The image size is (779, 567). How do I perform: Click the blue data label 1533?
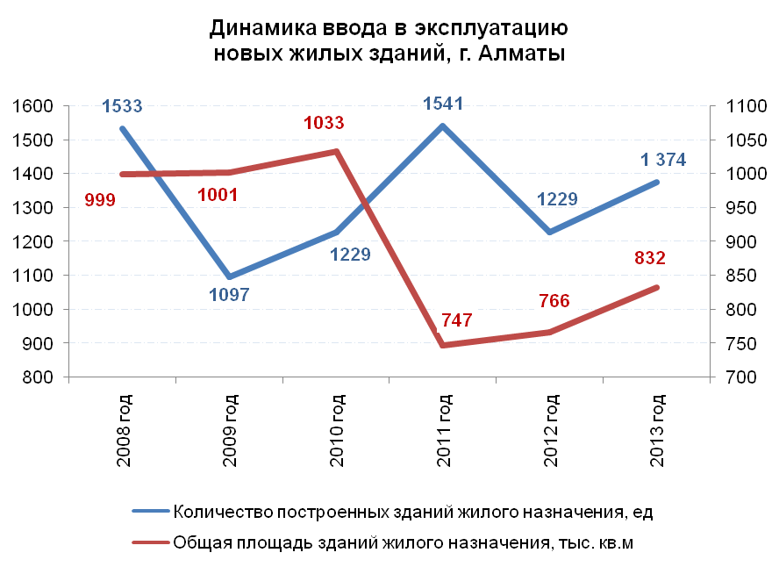pyautogui.click(x=122, y=107)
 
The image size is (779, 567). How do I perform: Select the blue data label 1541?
pyautogui.click(x=442, y=104)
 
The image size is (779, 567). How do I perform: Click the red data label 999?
pyautogui.click(x=100, y=200)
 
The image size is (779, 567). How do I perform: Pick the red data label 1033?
pyautogui.click(x=324, y=123)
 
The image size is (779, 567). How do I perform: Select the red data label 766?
pyautogui.click(x=553, y=301)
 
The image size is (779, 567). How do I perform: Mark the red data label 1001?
pyautogui.click(x=218, y=195)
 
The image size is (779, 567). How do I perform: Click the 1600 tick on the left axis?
pyautogui.click(x=33, y=106)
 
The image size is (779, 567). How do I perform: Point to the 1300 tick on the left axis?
pyautogui.click(x=33, y=208)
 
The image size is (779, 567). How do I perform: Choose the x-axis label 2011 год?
pyautogui.click(x=446, y=430)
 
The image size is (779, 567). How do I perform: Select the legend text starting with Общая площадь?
pyautogui.click(x=404, y=544)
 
